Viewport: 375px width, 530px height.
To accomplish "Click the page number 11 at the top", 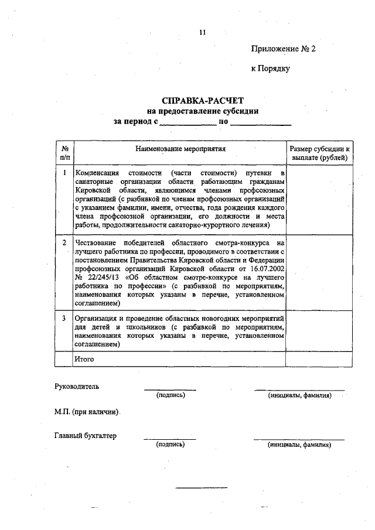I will pos(202,33).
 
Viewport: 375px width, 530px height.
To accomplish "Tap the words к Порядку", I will pos(271,69).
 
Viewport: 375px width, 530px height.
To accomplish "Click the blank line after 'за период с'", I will pos(188,123).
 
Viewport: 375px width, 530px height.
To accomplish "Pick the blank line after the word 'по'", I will pos(261,123).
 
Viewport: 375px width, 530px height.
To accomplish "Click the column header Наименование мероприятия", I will pos(180,149).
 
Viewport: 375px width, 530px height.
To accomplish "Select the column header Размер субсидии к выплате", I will pos(319,153).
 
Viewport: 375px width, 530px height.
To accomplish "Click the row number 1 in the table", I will pos(64,174).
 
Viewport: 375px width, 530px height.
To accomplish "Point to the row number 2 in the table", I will pos(64,242).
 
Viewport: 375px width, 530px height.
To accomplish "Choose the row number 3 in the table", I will pos(64,317).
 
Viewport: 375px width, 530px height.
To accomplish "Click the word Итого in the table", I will pos(84,358).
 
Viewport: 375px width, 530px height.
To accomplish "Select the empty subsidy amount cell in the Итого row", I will pos(319,358).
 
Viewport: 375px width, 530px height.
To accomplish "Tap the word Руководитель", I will pos(77,387).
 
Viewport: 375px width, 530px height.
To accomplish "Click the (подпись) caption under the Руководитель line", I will pos(171,395).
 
